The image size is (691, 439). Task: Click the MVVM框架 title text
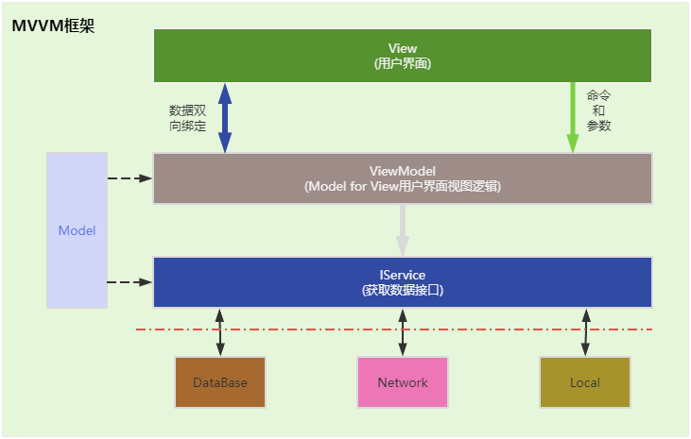point(53,25)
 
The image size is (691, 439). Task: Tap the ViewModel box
point(403,178)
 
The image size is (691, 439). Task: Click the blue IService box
point(403,282)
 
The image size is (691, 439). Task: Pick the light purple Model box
point(77,230)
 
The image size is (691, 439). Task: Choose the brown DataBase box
point(220,382)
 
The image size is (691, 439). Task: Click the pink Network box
point(403,382)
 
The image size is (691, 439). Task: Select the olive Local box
point(585,382)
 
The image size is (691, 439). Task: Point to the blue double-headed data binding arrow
point(225,117)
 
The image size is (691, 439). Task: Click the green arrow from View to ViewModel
point(573,117)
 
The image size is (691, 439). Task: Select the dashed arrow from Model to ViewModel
point(130,178)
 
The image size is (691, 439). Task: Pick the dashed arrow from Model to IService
point(130,282)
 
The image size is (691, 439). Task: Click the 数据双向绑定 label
point(187,117)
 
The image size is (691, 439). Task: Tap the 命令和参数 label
point(598,110)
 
